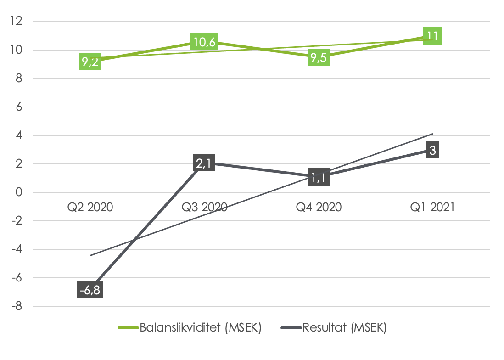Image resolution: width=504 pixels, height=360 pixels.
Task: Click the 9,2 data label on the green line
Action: click(x=90, y=61)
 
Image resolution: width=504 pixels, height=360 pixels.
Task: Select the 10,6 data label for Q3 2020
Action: click(x=205, y=42)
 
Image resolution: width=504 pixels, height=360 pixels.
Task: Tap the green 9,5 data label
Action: click(x=319, y=57)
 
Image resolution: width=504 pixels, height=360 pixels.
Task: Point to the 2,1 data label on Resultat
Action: click(x=205, y=164)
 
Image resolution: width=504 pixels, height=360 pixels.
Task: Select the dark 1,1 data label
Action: click(x=319, y=177)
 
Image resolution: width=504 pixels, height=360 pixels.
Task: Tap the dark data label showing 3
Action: click(x=432, y=150)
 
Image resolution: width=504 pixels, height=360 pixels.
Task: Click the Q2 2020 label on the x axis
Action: click(x=90, y=208)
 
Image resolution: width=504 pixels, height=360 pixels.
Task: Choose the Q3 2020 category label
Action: click(x=205, y=208)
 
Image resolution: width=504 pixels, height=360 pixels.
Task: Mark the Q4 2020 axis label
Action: click(x=319, y=208)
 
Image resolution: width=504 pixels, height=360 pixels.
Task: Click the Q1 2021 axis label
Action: click(x=432, y=208)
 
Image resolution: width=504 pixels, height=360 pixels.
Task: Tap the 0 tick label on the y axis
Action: click(x=19, y=193)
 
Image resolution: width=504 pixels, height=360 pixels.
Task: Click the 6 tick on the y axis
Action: click(x=19, y=107)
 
